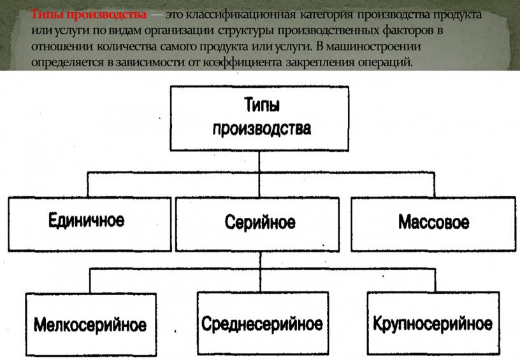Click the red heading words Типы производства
[89, 15]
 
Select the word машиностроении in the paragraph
[373, 47]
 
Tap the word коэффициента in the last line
[242, 62]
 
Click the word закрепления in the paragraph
[320, 62]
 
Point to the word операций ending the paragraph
[386, 62]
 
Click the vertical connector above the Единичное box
[88, 185]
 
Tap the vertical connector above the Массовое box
[434, 185]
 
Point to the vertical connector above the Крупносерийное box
[435, 280]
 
